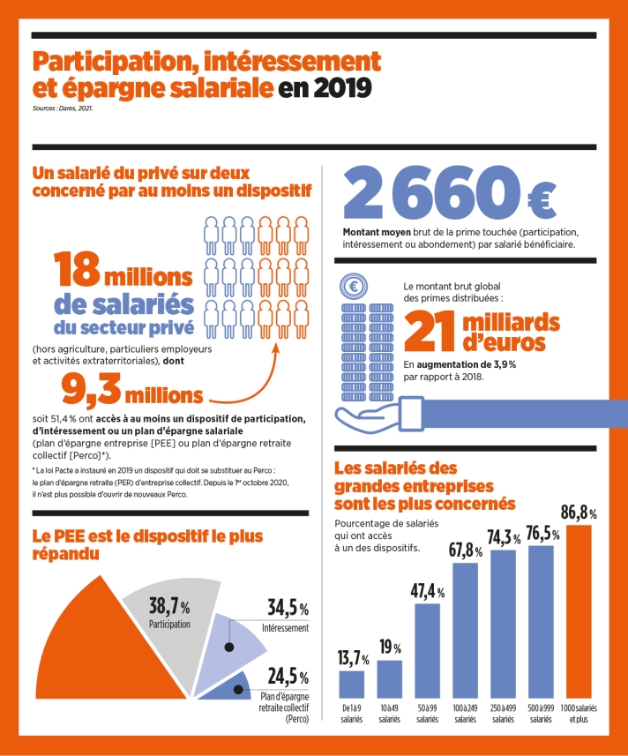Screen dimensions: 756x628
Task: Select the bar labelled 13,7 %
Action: pyautogui.click(x=352, y=684)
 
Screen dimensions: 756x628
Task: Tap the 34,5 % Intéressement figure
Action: pyautogui.click(x=288, y=609)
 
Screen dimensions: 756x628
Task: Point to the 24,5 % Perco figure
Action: pyautogui.click(x=288, y=677)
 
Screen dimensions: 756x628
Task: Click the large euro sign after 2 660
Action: pyautogui.click(x=551, y=195)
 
